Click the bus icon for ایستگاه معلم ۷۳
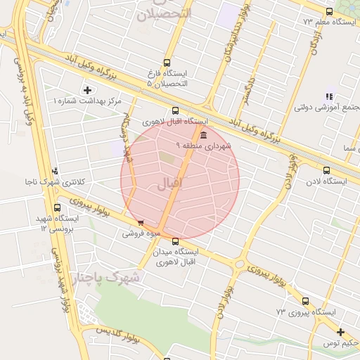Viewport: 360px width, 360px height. pos(329,11)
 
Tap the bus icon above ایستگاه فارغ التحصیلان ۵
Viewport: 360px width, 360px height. pos(167,63)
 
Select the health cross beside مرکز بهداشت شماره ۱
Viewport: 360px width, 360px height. pos(87,89)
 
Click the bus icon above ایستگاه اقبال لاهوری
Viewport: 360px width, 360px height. pos(175,110)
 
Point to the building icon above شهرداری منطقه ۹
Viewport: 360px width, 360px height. pos(203,135)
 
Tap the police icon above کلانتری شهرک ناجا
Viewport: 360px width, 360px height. pos(55,170)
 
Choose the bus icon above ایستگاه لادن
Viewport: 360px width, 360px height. pos(326,169)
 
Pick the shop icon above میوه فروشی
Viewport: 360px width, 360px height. pos(141,223)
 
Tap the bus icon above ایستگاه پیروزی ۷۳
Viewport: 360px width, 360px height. pos(305,300)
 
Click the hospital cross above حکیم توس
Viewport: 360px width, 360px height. pos(340,332)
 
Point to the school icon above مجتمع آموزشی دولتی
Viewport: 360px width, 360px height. pos(329,96)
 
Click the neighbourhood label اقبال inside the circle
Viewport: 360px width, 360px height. pos(167,184)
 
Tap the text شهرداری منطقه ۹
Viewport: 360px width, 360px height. pos(204,146)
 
